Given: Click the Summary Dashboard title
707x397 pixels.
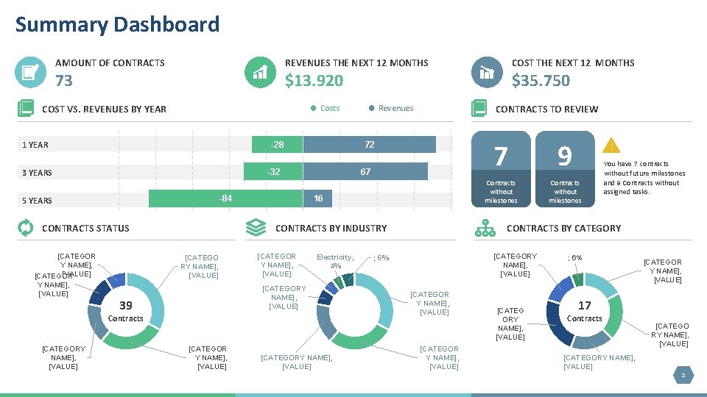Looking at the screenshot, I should pos(117,24).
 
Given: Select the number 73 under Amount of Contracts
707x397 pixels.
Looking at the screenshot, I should pos(64,80).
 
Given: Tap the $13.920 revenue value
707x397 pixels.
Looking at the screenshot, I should pos(314,80).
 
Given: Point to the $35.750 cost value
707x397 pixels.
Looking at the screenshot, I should pos(541,80).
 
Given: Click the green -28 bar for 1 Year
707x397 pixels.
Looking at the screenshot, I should pos(277,145).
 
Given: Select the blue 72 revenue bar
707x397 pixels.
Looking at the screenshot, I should pos(369,145).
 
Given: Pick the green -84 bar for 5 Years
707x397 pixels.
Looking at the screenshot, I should pos(226,199).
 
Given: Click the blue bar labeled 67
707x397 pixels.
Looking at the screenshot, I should pos(365,172).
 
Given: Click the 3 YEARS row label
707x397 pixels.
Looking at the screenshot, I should pos(37,173).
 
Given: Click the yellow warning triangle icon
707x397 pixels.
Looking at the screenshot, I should pos(611,146).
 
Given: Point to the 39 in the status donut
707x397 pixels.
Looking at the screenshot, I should pos(126,306).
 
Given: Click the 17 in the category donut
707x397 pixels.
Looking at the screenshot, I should pos(584,306).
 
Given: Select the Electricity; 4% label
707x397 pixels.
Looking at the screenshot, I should pos(335,261).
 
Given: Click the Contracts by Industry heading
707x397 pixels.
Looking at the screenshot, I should pos(331,228).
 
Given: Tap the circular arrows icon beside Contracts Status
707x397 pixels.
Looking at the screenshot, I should pos(25,228).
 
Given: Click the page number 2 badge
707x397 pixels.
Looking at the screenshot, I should pos(683,376).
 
